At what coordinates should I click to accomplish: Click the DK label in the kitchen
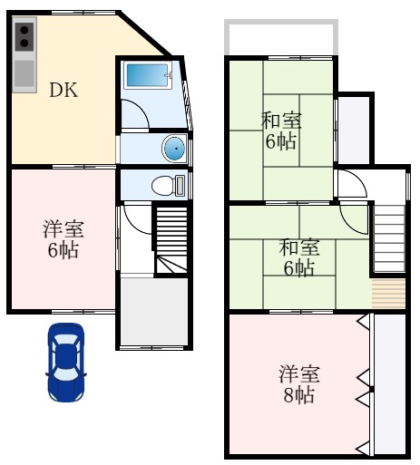[x=63, y=90]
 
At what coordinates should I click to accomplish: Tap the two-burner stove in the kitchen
[x=24, y=36]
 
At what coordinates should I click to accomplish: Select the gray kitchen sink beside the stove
[x=24, y=72]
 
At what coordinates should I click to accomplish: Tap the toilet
[x=166, y=186]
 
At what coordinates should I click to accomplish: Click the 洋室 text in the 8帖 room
[x=298, y=374]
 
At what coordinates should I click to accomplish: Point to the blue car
[x=66, y=363]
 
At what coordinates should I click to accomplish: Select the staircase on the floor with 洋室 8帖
[x=388, y=237]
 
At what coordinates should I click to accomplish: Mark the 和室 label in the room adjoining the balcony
[x=281, y=120]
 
